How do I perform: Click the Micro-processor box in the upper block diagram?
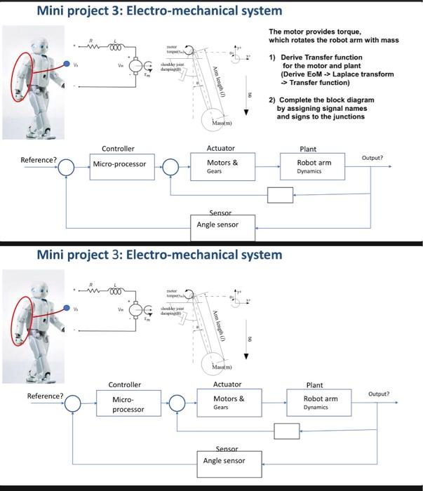click(120, 164)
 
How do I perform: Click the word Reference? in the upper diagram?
click(39, 160)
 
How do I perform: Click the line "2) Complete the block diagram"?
click(324, 100)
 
